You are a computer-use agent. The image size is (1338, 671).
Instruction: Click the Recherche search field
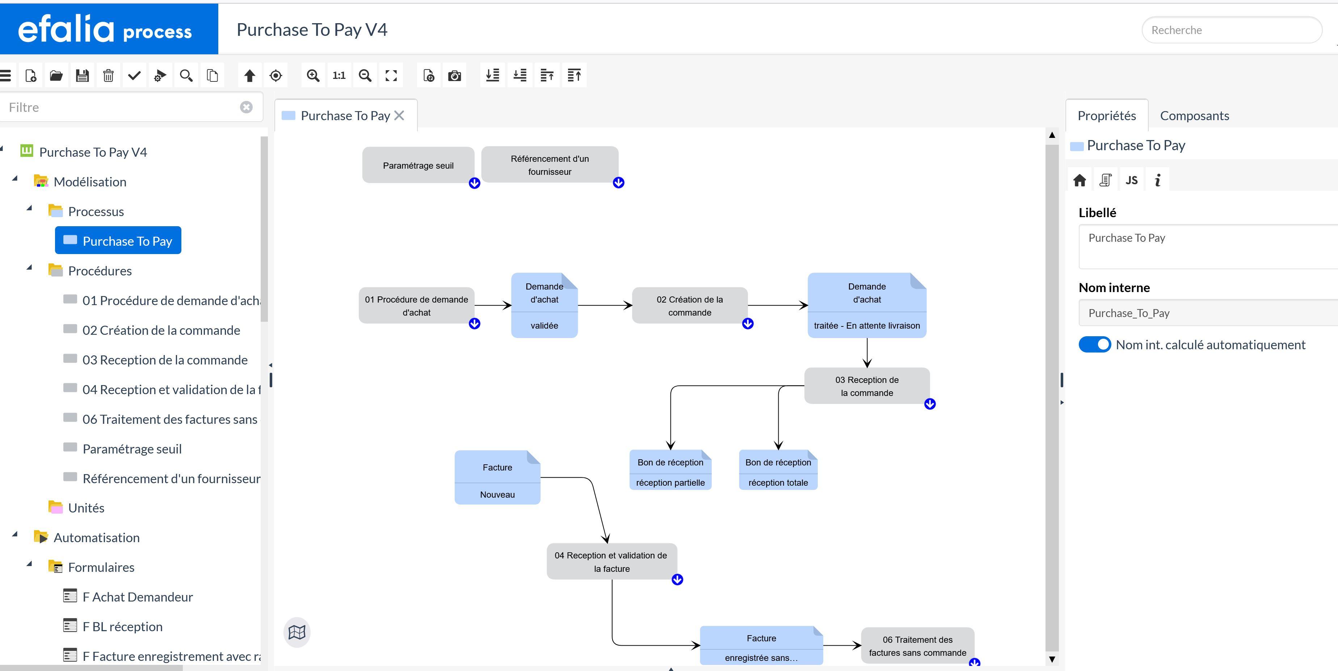[x=1231, y=30]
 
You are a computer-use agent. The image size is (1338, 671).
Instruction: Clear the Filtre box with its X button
[x=246, y=107]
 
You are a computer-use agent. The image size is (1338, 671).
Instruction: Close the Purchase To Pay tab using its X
[x=399, y=115]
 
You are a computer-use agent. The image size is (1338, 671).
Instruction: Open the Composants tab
[x=1194, y=116]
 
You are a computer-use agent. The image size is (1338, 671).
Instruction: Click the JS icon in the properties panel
[x=1131, y=180]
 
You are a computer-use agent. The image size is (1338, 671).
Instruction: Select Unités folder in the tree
[x=86, y=508]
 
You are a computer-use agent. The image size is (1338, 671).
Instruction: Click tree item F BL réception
[x=122, y=626]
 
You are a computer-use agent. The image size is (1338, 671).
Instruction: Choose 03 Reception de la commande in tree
[x=165, y=360]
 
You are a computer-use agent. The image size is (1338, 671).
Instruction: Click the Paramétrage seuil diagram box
[x=418, y=165]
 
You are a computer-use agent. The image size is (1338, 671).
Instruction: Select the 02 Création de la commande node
[x=689, y=305]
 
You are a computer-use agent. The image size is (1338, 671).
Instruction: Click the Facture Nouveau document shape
[x=497, y=478]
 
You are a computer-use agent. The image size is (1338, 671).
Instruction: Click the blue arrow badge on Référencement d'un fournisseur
[x=618, y=183]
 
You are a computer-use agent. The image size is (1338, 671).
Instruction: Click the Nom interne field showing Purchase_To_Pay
[x=1205, y=313]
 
